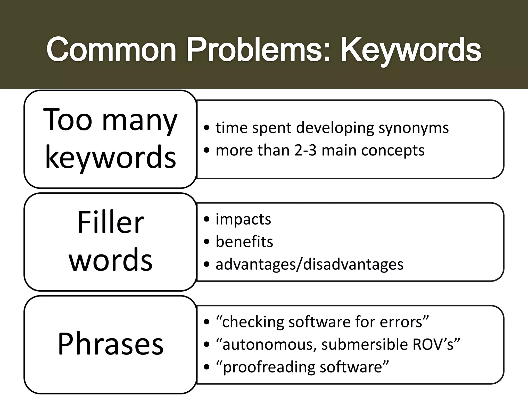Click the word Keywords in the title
(x=411, y=49)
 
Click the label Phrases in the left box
(x=111, y=344)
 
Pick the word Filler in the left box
(x=111, y=222)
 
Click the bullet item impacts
(x=243, y=219)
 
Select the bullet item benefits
(x=244, y=242)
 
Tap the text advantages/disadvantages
(x=309, y=264)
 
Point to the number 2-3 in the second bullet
(x=305, y=150)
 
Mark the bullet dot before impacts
(x=206, y=220)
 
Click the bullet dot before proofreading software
(x=206, y=367)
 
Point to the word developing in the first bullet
(x=335, y=128)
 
